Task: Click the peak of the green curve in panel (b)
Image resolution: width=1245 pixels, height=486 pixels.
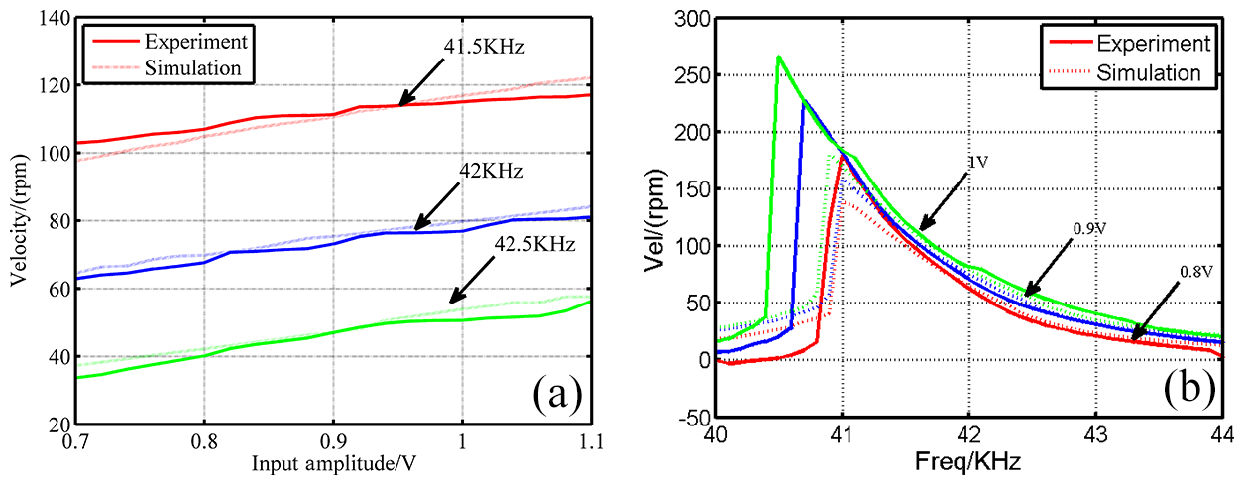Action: (779, 57)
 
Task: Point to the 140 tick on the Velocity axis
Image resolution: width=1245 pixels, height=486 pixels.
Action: (55, 18)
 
